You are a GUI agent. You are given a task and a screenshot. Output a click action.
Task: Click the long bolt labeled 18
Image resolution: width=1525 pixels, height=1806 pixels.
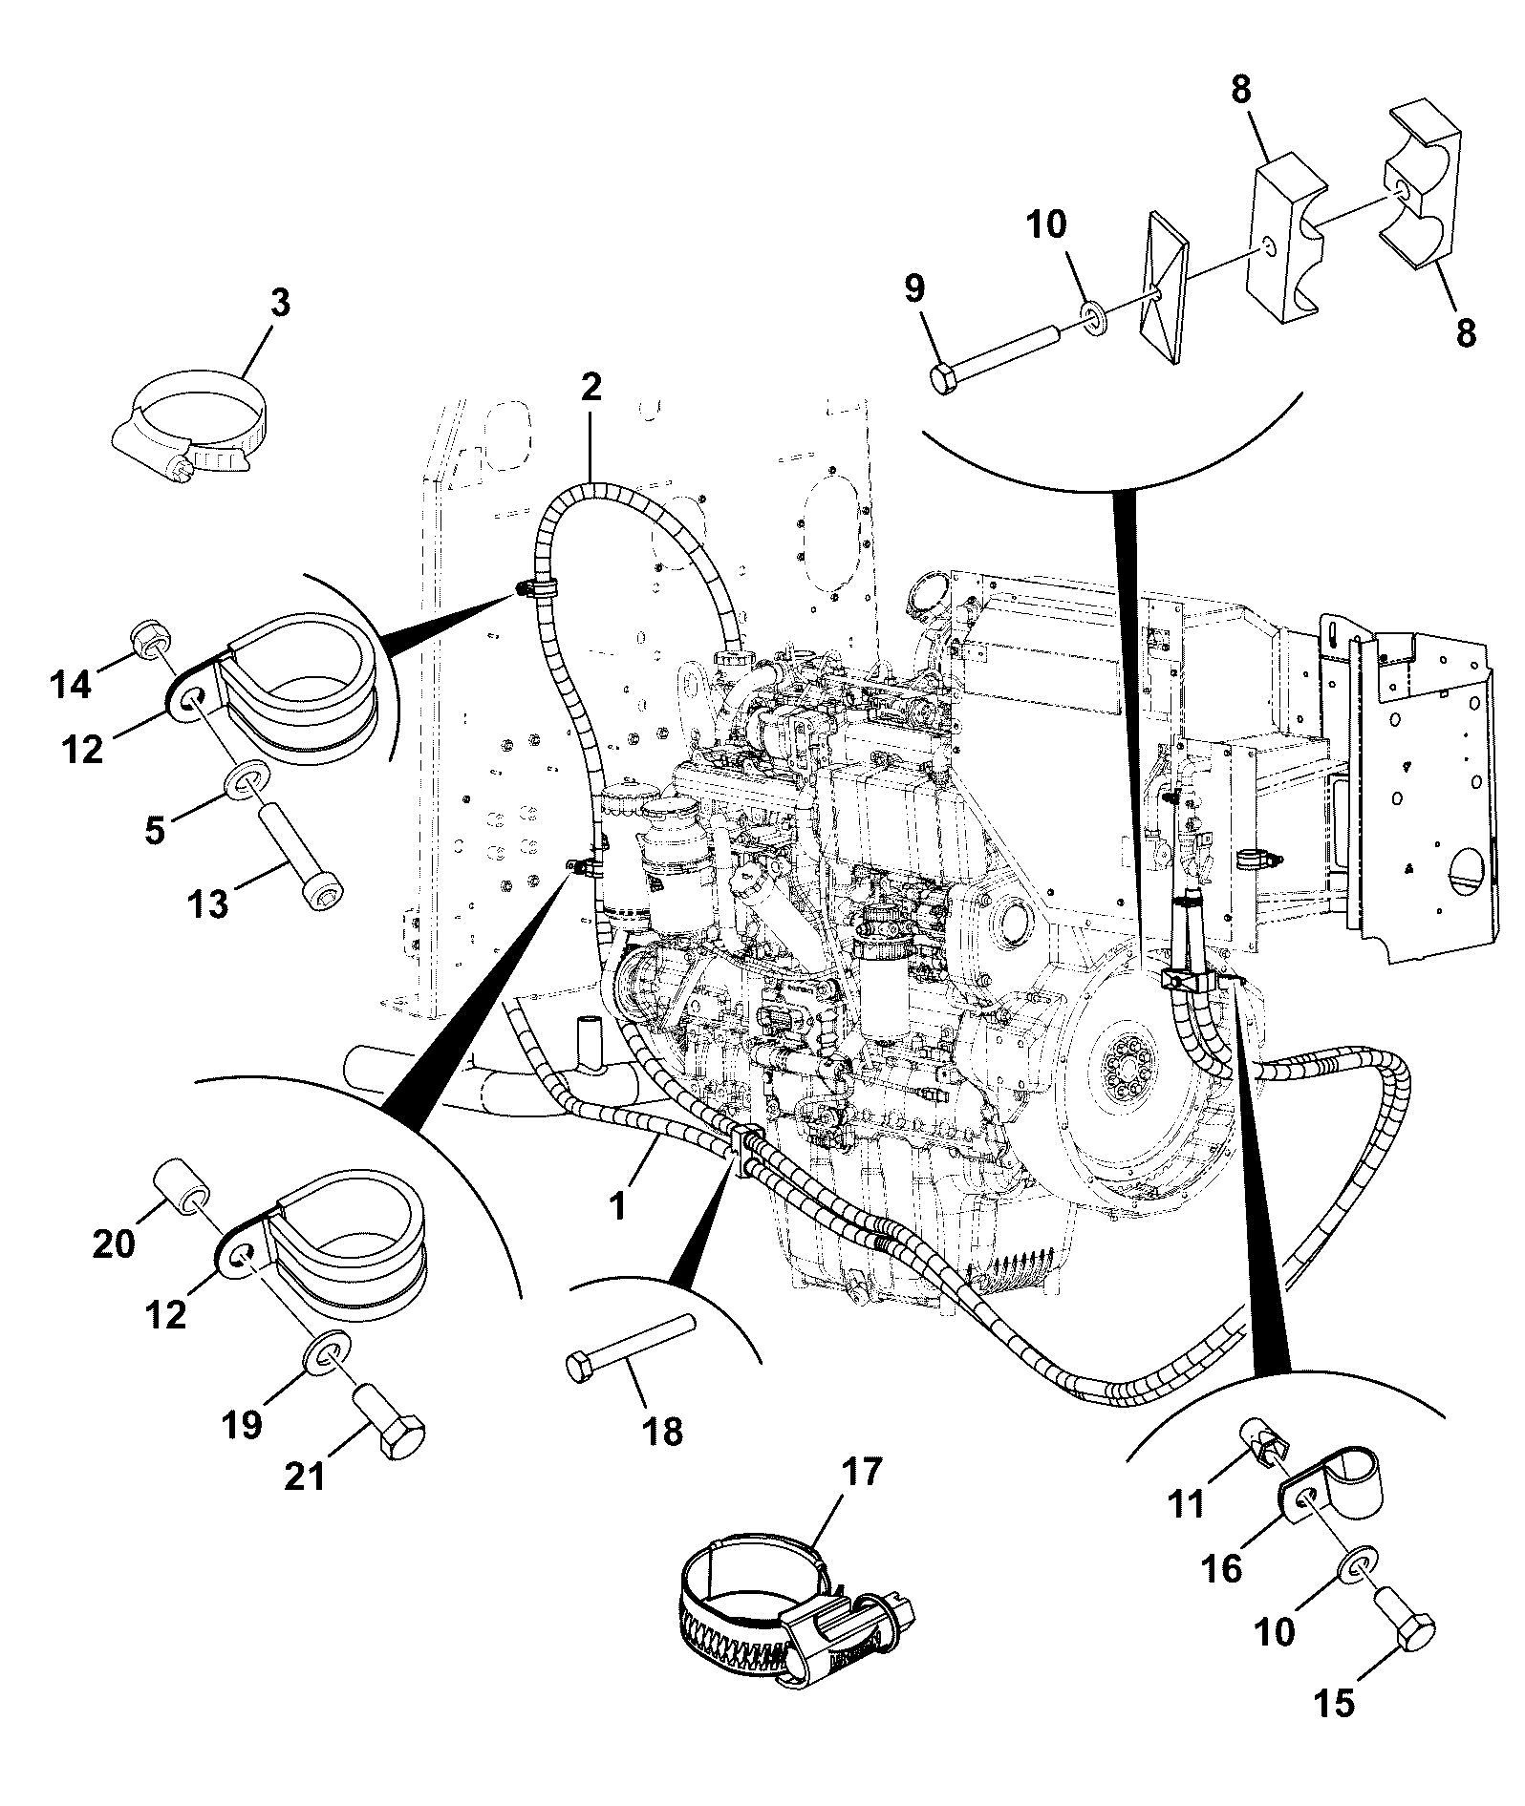pos(630,1345)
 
